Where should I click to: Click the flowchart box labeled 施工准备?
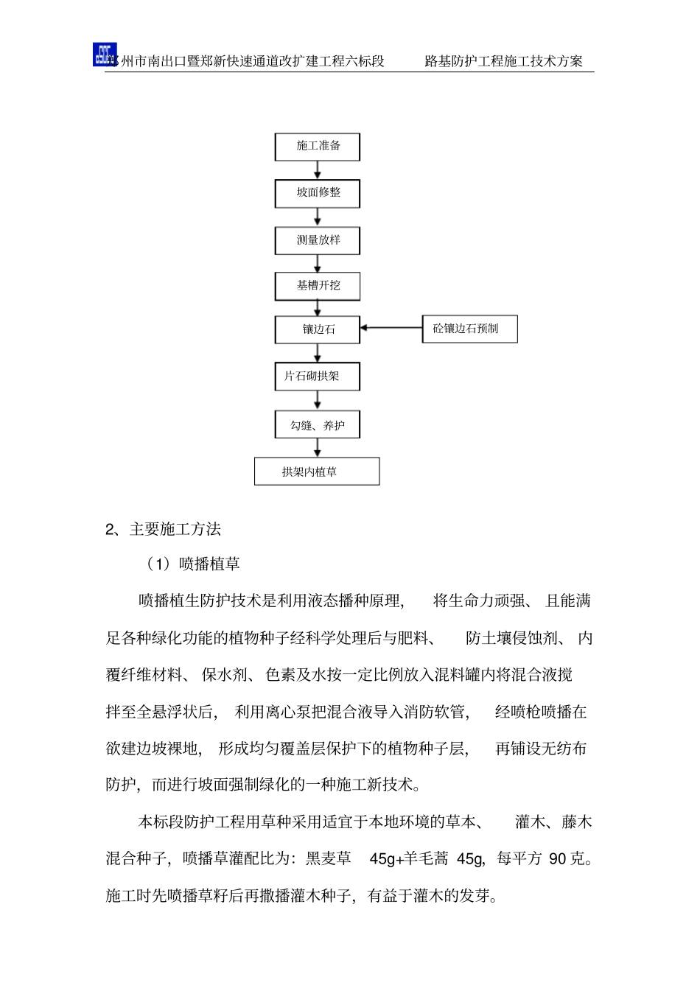click(x=318, y=146)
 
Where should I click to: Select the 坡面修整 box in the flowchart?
click(x=318, y=193)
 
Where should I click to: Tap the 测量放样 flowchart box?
click(x=318, y=240)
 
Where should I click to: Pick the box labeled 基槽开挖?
click(x=318, y=286)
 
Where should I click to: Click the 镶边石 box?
click(x=318, y=329)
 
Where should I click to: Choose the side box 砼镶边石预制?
click(x=469, y=329)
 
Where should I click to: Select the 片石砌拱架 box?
click(x=318, y=377)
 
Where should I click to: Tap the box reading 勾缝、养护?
click(x=318, y=425)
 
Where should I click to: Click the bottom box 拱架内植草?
click(x=317, y=472)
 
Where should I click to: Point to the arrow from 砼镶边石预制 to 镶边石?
click(x=391, y=328)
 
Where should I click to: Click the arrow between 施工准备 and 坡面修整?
click(x=318, y=169)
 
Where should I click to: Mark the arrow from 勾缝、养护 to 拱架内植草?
click(x=318, y=448)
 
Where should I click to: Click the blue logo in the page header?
click(x=104, y=55)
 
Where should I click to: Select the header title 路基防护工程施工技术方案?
click(x=503, y=61)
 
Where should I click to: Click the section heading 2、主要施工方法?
click(x=163, y=529)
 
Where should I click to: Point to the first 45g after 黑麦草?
click(x=382, y=858)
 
